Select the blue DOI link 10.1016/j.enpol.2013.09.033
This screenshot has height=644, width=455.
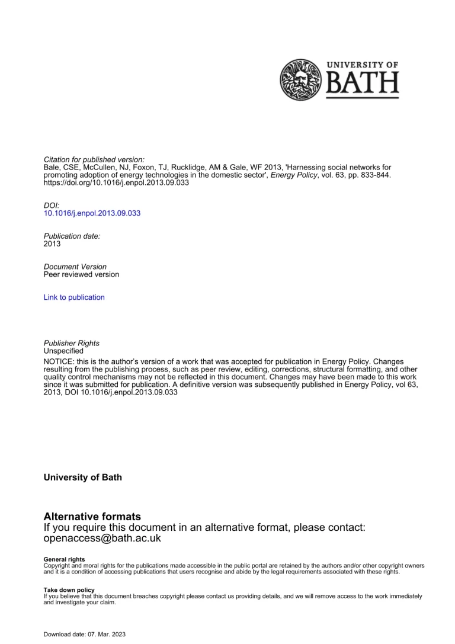click(x=92, y=213)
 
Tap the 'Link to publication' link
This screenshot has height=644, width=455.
click(x=74, y=297)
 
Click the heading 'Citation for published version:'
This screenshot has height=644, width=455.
click(x=94, y=160)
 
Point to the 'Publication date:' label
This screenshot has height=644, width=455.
click(x=72, y=236)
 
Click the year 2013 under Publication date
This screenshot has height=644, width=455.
click(x=52, y=243)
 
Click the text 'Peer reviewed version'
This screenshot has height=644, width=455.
click(x=81, y=275)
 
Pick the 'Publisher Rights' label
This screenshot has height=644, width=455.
click(x=72, y=343)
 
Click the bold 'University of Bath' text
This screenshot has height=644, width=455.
click(x=83, y=478)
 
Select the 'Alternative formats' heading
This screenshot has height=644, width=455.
click(x=92, y=517)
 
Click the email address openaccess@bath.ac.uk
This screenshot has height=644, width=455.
click(x=102, y=539)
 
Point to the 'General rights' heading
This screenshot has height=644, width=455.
click(x=65, y=559)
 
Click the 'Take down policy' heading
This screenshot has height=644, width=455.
click(x=69, y=590)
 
